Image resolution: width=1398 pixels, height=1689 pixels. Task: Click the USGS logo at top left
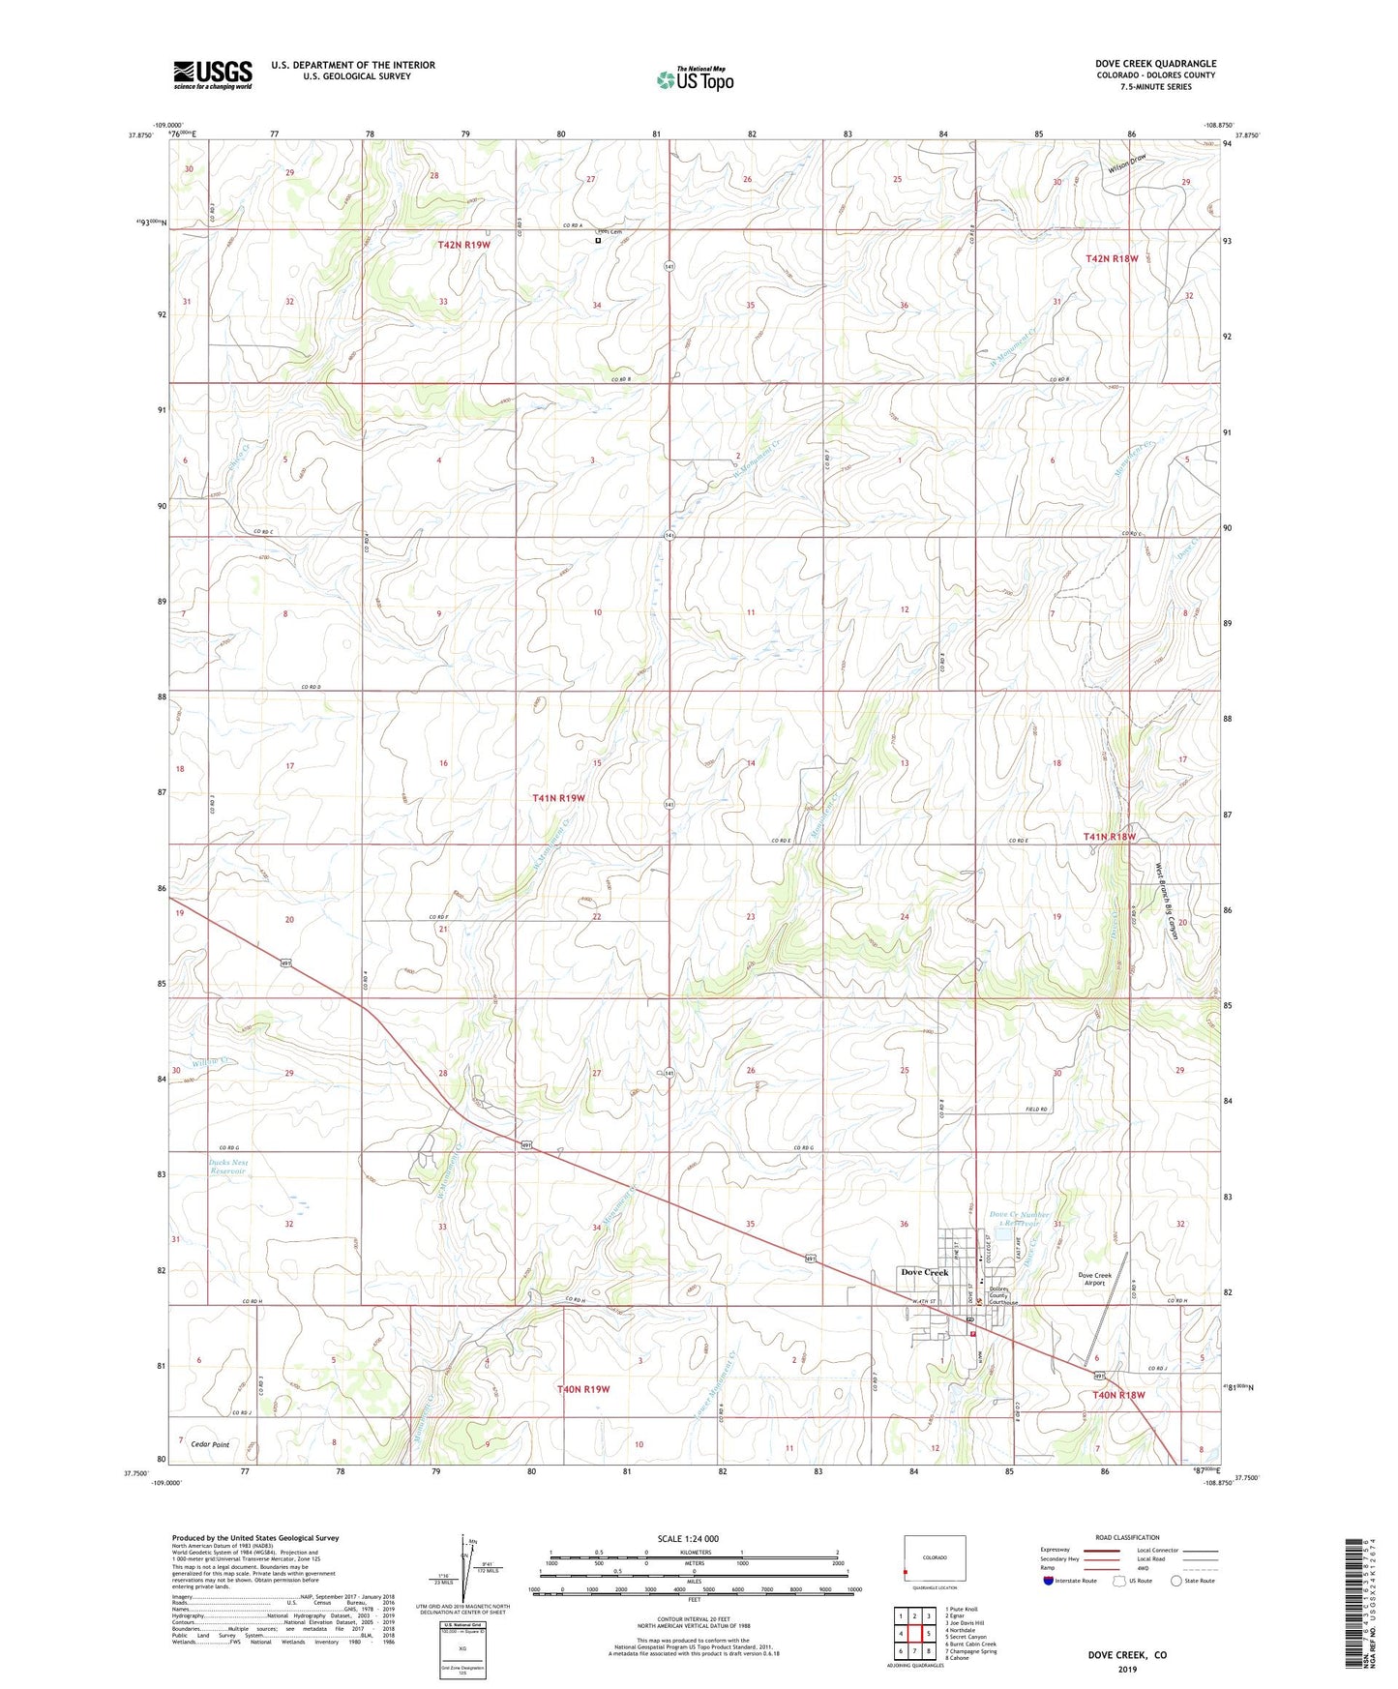coord(213,74)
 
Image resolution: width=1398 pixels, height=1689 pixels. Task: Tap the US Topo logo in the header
coord(695,79)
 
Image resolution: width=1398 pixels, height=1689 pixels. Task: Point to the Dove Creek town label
coord(924,1272)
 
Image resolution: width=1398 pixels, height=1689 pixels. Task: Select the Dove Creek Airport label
coord(1094,1279)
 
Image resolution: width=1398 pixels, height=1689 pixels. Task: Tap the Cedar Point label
coord(210,1444)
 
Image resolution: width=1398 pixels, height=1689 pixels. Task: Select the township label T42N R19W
coord(463,245)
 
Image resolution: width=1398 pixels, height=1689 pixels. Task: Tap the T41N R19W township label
coord(558,798)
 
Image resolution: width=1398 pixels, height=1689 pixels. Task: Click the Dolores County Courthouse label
coord(1002,1295)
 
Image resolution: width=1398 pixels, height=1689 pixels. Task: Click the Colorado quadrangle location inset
coord(934,1559)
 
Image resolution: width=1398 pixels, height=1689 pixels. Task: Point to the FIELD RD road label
coord(1037,1110)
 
